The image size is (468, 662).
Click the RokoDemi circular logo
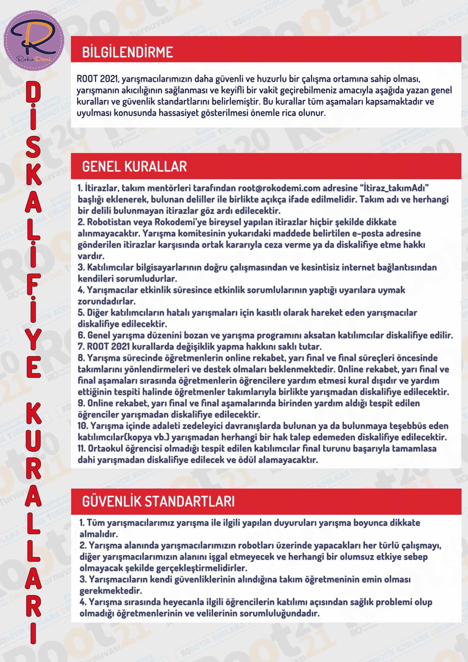point(34,40)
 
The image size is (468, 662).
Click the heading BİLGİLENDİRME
point(127,52)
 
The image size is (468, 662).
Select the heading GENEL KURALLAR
point(134,167)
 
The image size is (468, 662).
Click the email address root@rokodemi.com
point(279,188)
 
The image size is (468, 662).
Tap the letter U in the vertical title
point(34,443)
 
